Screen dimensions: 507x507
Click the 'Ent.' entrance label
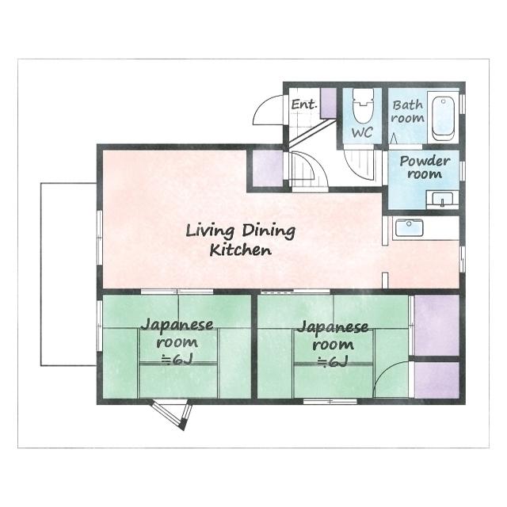303,104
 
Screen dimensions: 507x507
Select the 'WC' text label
362,132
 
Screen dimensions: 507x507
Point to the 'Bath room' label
407,112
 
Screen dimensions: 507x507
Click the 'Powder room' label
425,167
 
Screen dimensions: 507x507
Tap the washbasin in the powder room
442,200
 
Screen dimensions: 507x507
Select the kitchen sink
409,228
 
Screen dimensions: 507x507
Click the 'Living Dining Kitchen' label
240,241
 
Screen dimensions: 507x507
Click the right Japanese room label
333,344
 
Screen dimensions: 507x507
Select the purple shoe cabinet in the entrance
328,103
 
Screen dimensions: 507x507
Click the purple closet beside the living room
267,169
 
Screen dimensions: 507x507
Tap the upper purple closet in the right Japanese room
436,326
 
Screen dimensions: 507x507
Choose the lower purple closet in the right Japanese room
436,380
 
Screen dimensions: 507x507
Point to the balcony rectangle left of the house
69,275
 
